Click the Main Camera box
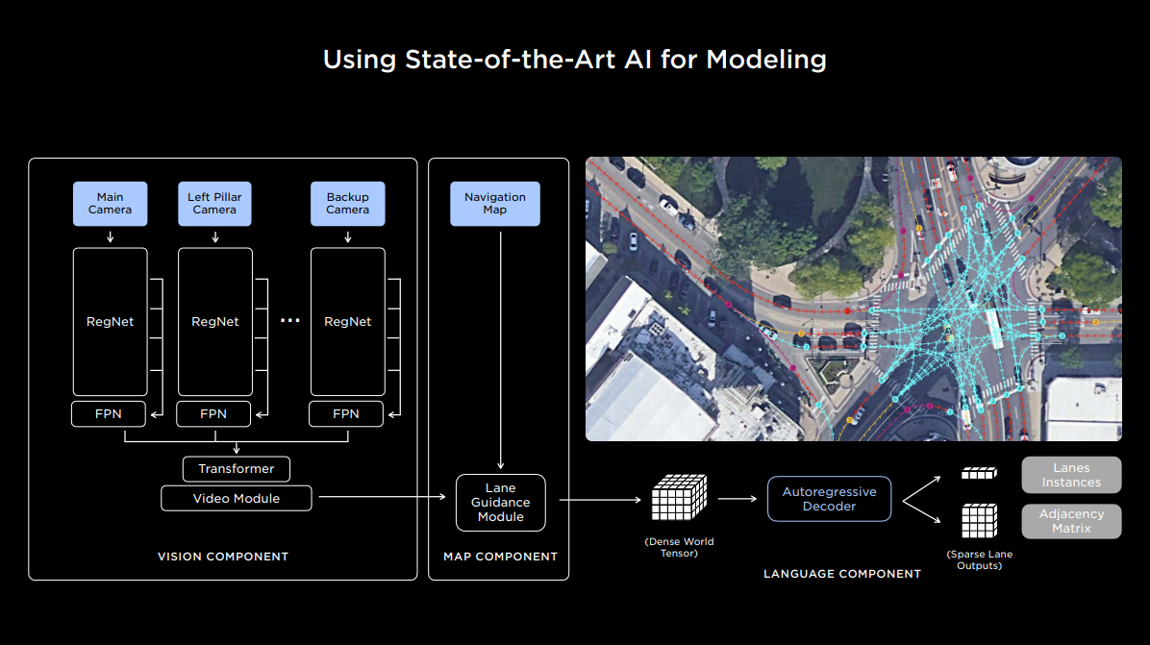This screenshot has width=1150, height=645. pyautogui.click(x=111, y=204)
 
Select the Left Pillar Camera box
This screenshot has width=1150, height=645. pyautogui.click(x=214, y=204)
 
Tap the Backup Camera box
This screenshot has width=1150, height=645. pyautogui.click(x=347, y=204)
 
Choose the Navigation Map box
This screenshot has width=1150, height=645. pyautogui.click(x=495, y=204)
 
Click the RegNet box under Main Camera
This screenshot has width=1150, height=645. pyautogui.click(x=111, y=322)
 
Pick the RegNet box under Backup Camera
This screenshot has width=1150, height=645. pyautogui.click(x=347, y=322)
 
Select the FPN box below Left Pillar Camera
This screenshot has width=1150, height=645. pyautogui.click(x=213, y=414)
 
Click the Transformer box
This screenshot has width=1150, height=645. pyautogui.click(x=237, y=469)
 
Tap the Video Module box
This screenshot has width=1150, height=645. pyautogui.click(x=237, y=498)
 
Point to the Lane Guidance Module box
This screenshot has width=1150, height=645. pyautogui.click(x=501, y=503)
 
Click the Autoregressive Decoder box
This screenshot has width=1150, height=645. pyautogui.click(x=829, y=499)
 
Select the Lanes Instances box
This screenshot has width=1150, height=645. pyautogui.click(x=1071, y=475)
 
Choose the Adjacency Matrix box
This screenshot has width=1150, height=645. pyautogui.click(x=1071, y=521)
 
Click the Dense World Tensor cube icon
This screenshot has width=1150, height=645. pyautogui.click(x=679, y=498)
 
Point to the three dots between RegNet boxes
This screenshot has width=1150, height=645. pyautogui.click(x=289, y=321)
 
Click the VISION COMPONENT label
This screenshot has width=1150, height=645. pyautogui.click(x=223, y=557)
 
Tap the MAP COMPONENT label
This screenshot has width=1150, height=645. pyautogui.click(x=500, y=557)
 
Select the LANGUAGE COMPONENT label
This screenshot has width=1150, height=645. pyautogui.click(x=842, y=574)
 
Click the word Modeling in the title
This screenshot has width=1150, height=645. pyautogui.click(x=766, y=59)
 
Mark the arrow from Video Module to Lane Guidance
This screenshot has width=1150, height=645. pyautogui.click(x=385, y=497)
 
